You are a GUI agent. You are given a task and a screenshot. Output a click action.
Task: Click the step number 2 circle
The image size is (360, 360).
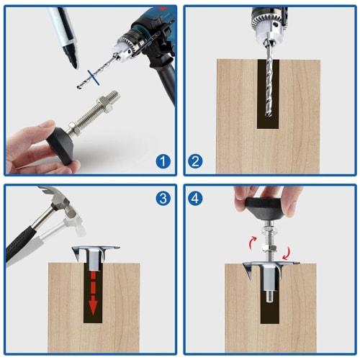click(x=195, y=161)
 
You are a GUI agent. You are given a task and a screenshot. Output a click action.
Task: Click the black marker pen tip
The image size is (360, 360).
click(x=72, y=63)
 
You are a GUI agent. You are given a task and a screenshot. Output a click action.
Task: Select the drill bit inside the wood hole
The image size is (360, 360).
click(x=268, y=86)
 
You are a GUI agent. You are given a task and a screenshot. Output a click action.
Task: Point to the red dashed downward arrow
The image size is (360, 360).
click(x=91, y=292)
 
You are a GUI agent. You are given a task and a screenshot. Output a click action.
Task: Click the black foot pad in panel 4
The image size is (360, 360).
click(x=266, y=206)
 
